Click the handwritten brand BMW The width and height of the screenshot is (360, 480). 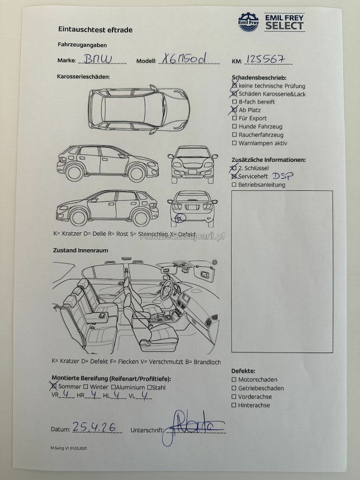98,59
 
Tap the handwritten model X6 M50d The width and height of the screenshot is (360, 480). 184,58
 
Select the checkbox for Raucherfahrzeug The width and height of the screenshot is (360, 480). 234,135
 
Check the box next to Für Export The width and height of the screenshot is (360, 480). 234,118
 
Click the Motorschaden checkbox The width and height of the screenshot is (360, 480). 234,380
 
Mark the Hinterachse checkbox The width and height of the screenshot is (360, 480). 234,405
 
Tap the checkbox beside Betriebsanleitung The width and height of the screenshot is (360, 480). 234,185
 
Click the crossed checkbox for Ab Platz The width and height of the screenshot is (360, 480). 234,110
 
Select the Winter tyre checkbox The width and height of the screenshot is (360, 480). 86,387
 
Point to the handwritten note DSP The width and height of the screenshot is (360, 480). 283,176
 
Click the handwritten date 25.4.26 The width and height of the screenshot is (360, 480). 94,427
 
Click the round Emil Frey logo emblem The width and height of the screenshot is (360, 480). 248,22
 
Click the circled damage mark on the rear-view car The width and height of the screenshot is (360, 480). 180,217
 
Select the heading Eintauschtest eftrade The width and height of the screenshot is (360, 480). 95,30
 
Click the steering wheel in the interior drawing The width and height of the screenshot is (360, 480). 167,290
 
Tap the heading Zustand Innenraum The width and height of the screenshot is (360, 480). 81,250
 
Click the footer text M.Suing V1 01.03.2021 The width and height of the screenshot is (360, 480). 69,448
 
